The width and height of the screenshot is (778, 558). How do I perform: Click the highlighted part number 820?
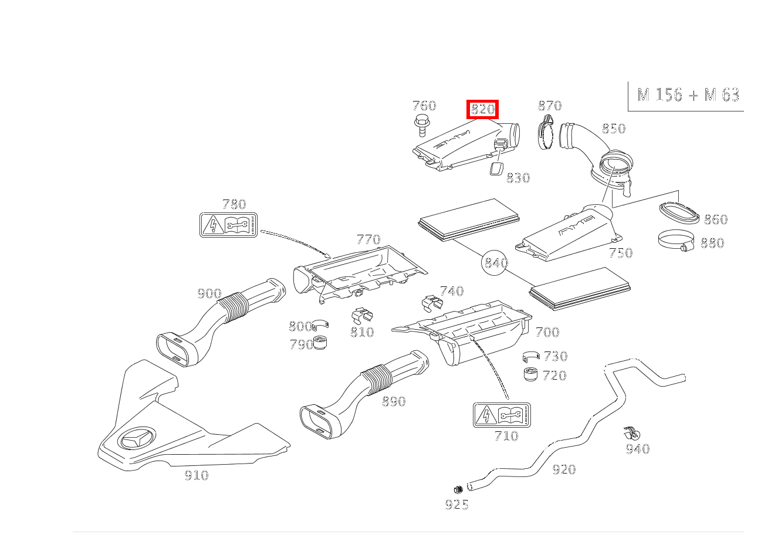coord(482,109)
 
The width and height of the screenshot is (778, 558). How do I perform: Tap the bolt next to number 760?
coord(420,125)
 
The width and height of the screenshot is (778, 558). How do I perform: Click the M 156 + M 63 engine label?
coord(688,95)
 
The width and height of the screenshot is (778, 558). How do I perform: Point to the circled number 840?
coord(495,263)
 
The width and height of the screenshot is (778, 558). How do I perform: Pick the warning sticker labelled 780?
coord(228,224)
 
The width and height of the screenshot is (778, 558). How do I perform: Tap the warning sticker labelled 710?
coord(502,415)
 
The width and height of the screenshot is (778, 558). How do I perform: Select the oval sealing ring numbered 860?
coord(679,213)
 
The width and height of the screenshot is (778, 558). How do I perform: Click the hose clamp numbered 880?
coord(675,240)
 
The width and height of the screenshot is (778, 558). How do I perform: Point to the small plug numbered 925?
coord(458,489)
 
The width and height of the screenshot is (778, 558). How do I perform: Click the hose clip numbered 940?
coord(631,434)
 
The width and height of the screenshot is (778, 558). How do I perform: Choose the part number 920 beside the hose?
coord(564,469)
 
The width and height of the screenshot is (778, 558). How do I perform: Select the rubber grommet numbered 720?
coord(530,374)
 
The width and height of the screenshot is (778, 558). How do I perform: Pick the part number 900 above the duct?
coord(209,293)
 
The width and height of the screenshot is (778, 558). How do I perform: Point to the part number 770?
coord(368,239)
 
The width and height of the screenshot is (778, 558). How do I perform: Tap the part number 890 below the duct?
coord(394,401)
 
